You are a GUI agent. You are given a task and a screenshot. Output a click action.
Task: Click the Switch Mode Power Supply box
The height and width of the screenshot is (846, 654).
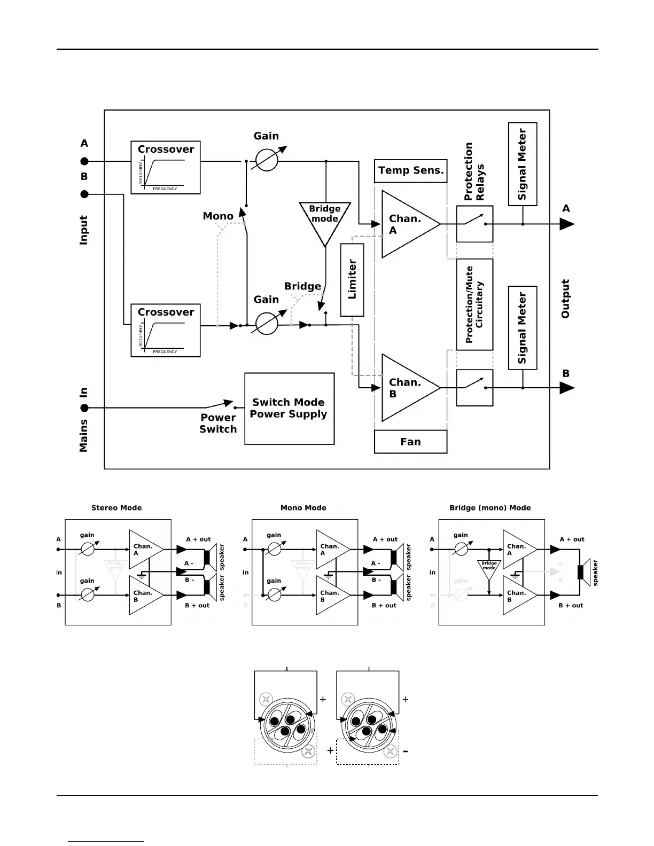289,409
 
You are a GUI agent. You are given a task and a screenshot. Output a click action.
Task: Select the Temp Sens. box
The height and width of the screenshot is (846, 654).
410,171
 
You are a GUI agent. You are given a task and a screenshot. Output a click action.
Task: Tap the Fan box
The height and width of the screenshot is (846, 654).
410,442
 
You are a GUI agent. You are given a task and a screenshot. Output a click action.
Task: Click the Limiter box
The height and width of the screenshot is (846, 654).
352,280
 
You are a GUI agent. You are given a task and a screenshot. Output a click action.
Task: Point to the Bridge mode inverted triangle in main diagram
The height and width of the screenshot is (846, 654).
325,219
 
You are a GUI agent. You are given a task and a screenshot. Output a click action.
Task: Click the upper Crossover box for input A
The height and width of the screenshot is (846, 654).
166,168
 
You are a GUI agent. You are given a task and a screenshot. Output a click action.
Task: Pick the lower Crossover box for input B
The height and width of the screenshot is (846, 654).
166,331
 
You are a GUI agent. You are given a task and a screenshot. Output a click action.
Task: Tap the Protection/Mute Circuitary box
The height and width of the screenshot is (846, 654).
474,304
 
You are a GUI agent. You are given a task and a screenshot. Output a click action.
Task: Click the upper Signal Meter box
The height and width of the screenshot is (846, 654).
523,164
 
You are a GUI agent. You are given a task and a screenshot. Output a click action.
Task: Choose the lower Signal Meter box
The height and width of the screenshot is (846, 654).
523,327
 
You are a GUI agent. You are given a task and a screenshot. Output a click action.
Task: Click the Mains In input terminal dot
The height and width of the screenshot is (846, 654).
84,409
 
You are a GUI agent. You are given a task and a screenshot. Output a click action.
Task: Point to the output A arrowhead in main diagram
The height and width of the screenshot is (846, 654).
566,224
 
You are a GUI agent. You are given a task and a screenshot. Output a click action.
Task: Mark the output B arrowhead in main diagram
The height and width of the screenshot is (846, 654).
566,388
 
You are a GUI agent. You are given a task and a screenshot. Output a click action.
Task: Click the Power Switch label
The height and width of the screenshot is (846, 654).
218,424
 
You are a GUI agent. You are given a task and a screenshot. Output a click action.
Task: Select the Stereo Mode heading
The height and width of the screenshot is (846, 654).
116,508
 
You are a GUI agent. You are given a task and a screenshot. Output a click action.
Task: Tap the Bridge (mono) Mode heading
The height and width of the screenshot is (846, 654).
490,508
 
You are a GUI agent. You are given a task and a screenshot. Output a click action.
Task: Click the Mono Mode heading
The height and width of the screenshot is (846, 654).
303,508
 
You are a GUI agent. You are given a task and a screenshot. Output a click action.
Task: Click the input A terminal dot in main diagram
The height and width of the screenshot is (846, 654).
84,161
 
